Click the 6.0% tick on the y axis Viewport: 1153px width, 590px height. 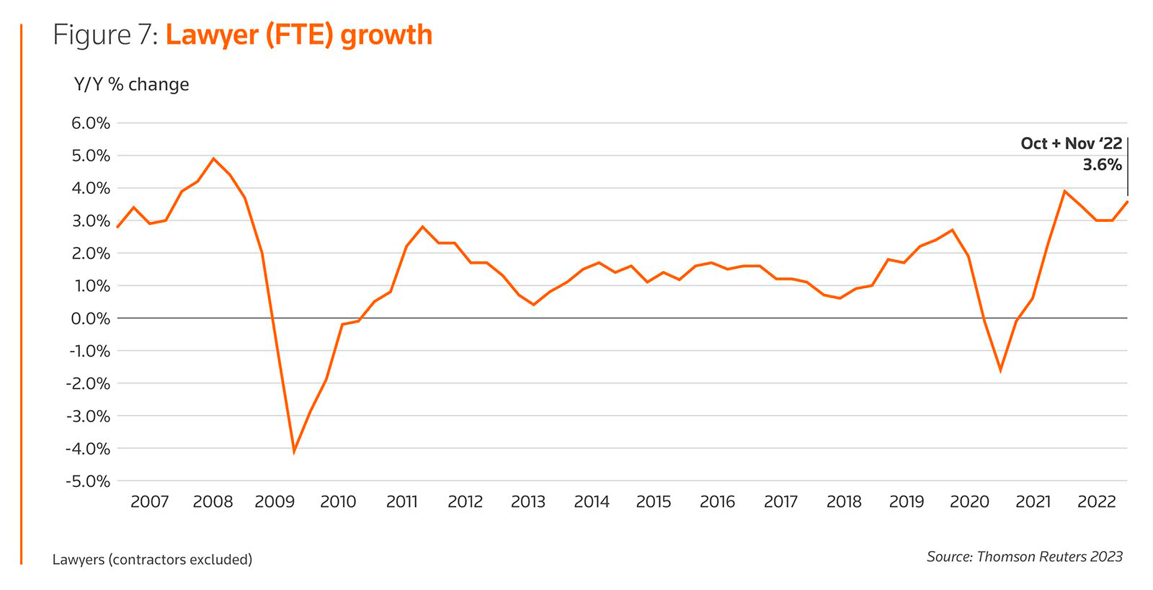[x=90, y=123]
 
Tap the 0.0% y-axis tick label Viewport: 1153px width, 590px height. [x=90, y=318]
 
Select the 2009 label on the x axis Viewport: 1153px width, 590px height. [x=275, y=501]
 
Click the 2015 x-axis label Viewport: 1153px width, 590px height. [x=654, y=501]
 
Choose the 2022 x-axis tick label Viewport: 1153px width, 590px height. [x=1096, y=501]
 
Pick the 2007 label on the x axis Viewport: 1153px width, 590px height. [x=149, y=501]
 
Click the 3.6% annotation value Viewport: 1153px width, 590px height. [x=1102, y=165]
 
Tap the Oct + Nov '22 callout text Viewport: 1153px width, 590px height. [x=1071, y=143]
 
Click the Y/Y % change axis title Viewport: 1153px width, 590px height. [x=132, y=84]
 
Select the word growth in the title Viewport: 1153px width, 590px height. [x=386, y=35]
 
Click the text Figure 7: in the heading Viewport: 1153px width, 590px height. [x=105, y=35]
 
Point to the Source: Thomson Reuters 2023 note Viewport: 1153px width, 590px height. [x=1024, y=556]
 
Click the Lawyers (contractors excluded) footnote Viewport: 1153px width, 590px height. [x=152, y=559]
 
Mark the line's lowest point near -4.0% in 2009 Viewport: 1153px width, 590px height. [x=294, y=452]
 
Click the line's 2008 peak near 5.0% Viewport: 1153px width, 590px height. [x=213, y=158]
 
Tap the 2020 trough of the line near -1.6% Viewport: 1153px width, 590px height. [x=1000, y=370]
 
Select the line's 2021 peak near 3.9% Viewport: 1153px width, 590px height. [x=1064, y=191]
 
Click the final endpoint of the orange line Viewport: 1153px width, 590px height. [x=1127, y=201]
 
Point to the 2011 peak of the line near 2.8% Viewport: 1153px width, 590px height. [x=422, y=227]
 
